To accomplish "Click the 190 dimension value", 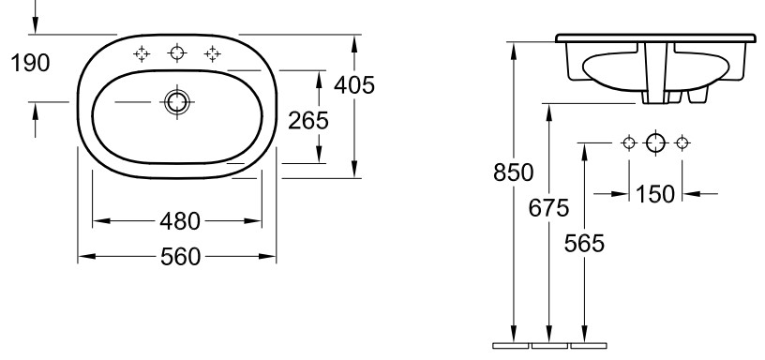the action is [x=30, y=64].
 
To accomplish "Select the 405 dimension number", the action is [x=354, y=85].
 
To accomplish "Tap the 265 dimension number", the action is [x=308, y=121].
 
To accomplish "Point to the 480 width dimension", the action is [x=180, y=221].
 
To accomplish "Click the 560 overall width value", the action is [x=180, y=257].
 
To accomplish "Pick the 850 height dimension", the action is [x=513, y=172].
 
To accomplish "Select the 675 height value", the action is [x=548, y=208].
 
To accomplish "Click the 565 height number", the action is [x=584, y=244].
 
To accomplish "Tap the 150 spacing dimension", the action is [x=655, y=194].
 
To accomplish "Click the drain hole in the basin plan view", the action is [x=176, y=102].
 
